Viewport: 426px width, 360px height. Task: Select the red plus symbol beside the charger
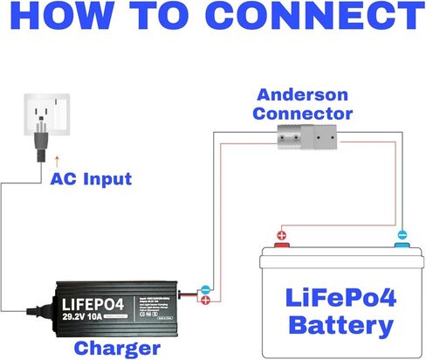[x=204, y=301]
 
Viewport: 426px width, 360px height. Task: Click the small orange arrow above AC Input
[x=58, y=161]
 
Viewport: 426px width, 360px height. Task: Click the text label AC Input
[x=91, y=180]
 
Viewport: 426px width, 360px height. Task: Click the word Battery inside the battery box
[x=340, y=327]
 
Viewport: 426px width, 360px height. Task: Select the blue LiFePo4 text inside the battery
[x=340, y=295]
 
